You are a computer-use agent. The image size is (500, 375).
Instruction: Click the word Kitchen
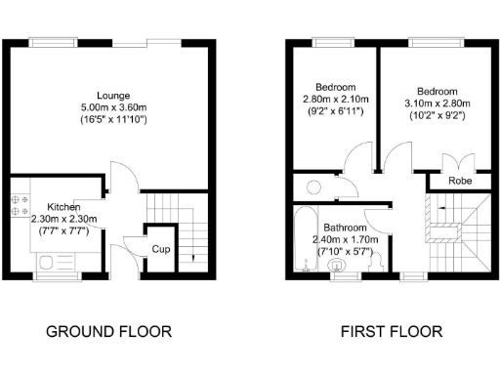(63, 207)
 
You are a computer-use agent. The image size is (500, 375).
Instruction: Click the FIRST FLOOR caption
(391, 332)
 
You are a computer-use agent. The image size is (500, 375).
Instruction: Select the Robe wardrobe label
(461, 182)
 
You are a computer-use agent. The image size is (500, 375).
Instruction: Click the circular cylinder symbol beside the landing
(314, 187)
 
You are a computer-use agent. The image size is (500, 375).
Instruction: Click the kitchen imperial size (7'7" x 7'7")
(63, 231)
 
